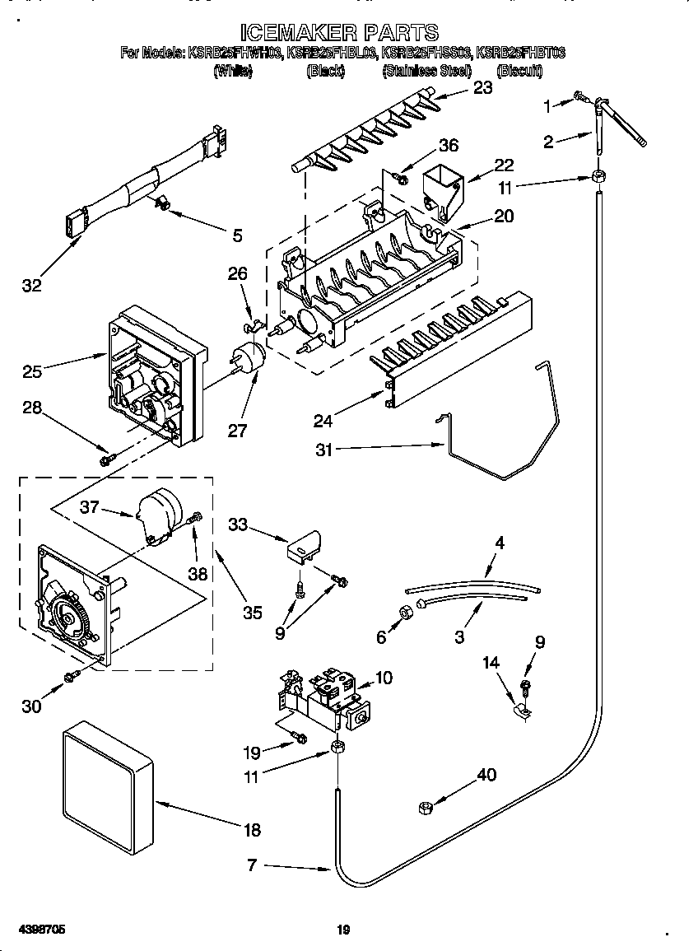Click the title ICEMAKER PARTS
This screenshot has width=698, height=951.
pos(339,32)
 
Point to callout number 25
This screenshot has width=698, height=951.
pos(32,371)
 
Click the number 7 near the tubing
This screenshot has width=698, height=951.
pos(252,865)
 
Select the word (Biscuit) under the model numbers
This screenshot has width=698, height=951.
pos(519,72)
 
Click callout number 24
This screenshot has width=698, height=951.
pos(323,421)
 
